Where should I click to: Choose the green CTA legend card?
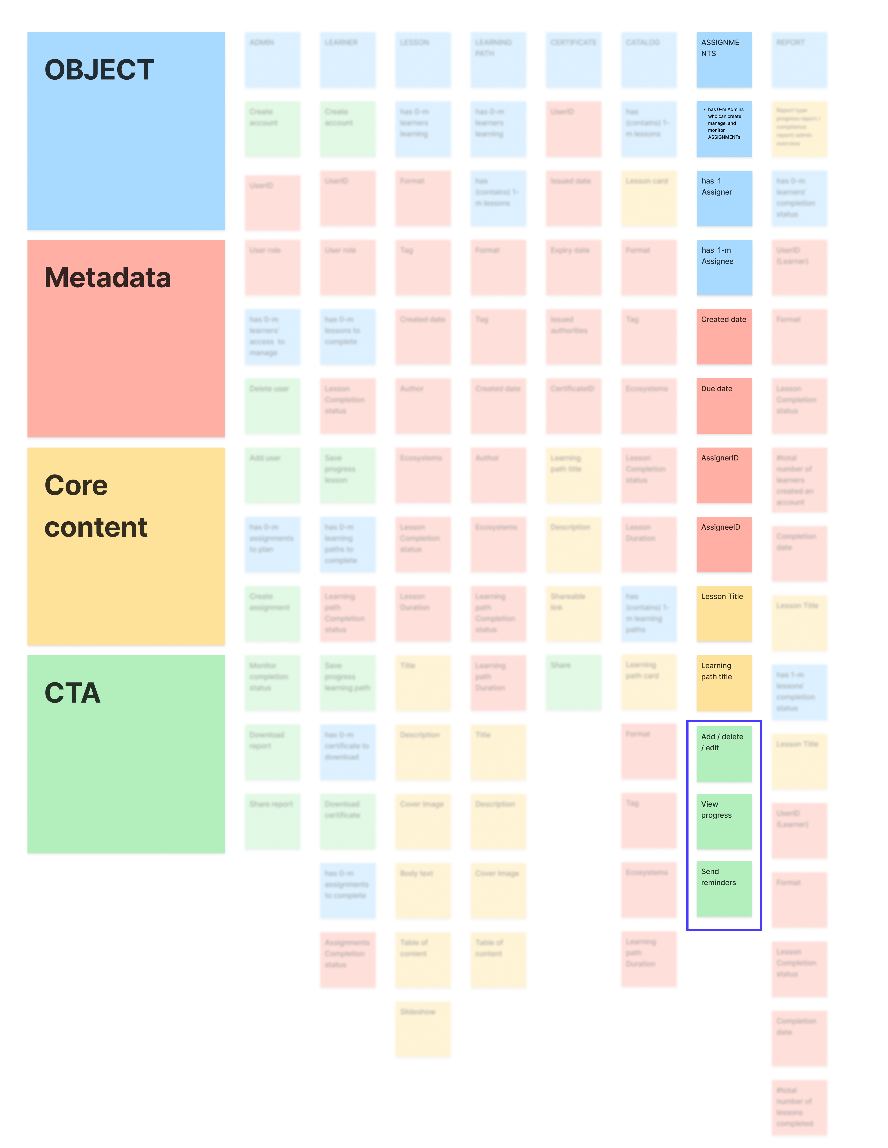tap(126, 778)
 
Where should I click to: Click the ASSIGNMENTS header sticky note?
tap(724, 60)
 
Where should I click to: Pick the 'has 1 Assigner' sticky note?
tap(724, 198)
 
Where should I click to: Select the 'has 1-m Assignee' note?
tap(724, 267)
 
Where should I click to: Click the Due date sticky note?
tap(724, 406)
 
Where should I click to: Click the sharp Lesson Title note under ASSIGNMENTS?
tap(724, 613)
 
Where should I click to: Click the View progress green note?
tap(724, 821)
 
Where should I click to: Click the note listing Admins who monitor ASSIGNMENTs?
tap(724, 129)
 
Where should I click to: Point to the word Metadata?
tap(108, 278)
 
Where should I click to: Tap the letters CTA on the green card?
tap(72, 693)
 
